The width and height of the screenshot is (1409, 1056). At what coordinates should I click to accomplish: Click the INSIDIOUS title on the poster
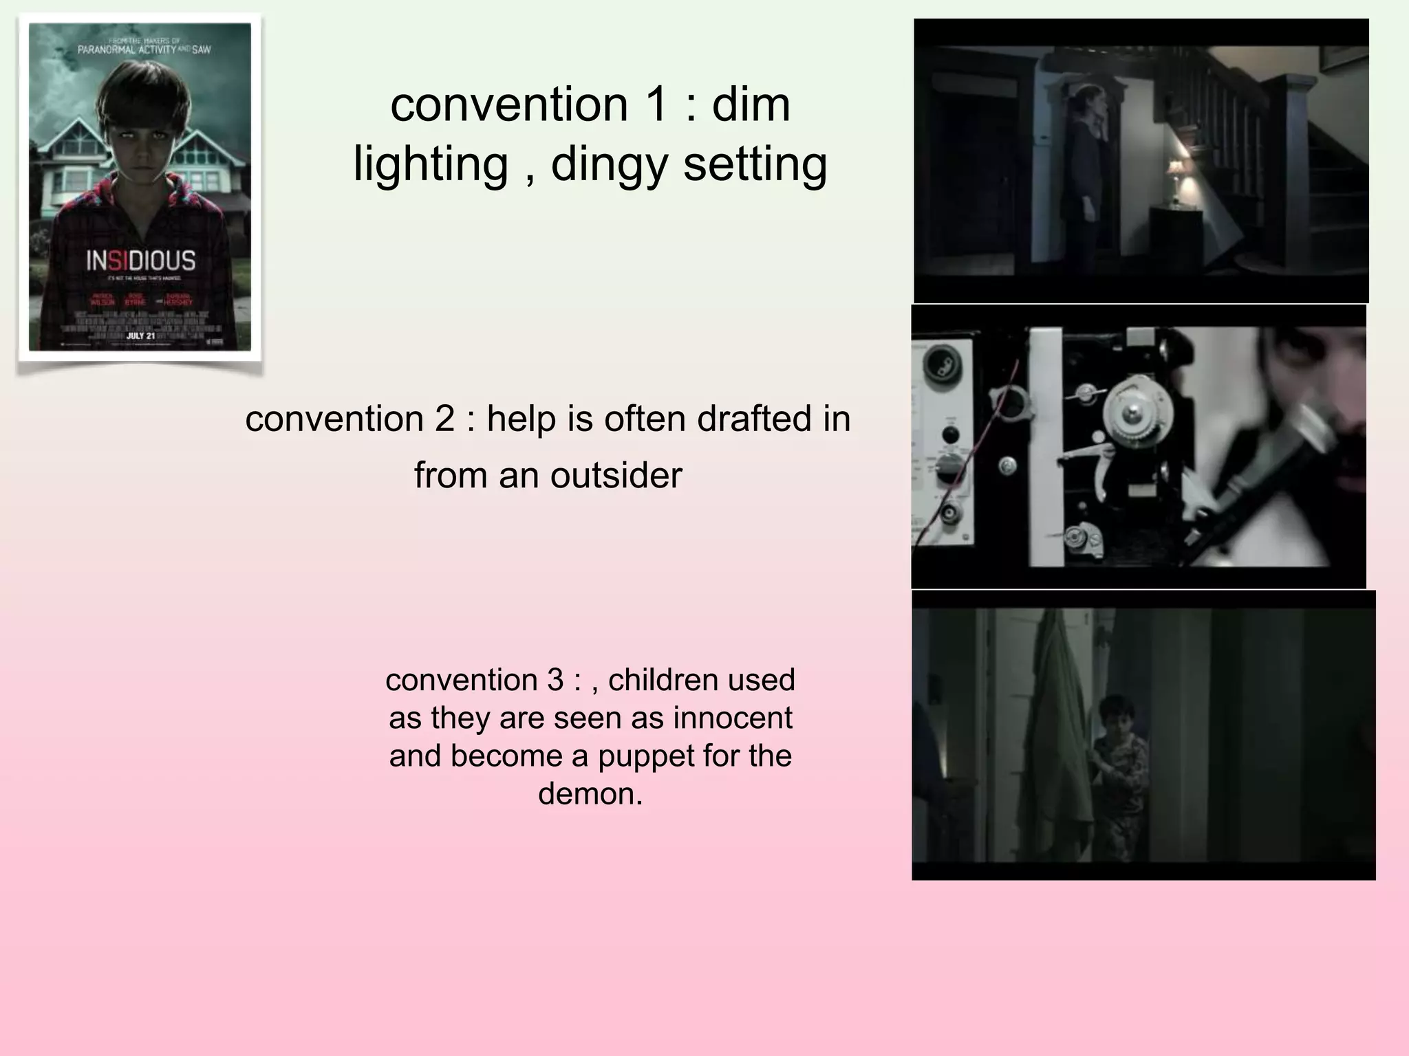point(140,261)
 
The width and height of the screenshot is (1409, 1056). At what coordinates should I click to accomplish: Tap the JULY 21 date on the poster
point(140,335)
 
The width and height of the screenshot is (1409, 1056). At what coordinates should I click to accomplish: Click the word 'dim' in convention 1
point(751,104)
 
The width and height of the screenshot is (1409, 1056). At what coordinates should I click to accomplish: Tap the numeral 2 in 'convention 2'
point(444,419)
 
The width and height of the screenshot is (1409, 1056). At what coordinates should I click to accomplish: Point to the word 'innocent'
point(733,718)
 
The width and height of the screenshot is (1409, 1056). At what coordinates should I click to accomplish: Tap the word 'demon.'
point(590,793)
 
